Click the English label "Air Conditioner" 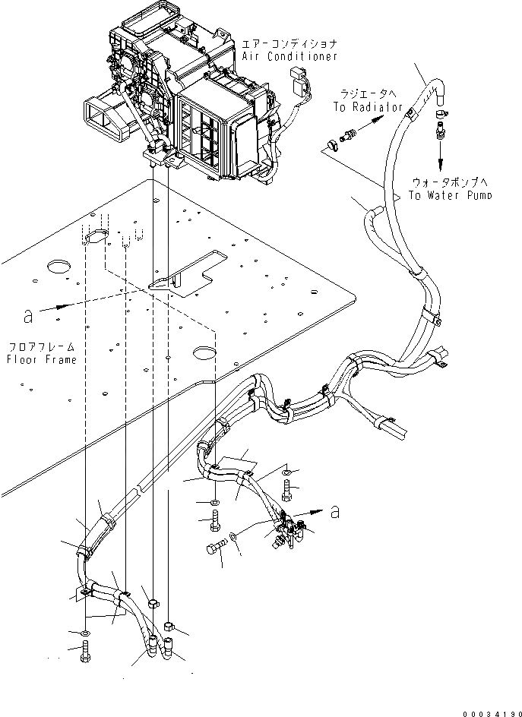(289, 57)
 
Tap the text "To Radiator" (369, 107)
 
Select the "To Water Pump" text (449, 194)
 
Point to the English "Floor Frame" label (42, 359)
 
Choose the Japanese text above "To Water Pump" (449, 182)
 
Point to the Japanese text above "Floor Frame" (42, 346)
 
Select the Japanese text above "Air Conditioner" (289, 44)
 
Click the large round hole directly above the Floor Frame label (59, 267)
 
